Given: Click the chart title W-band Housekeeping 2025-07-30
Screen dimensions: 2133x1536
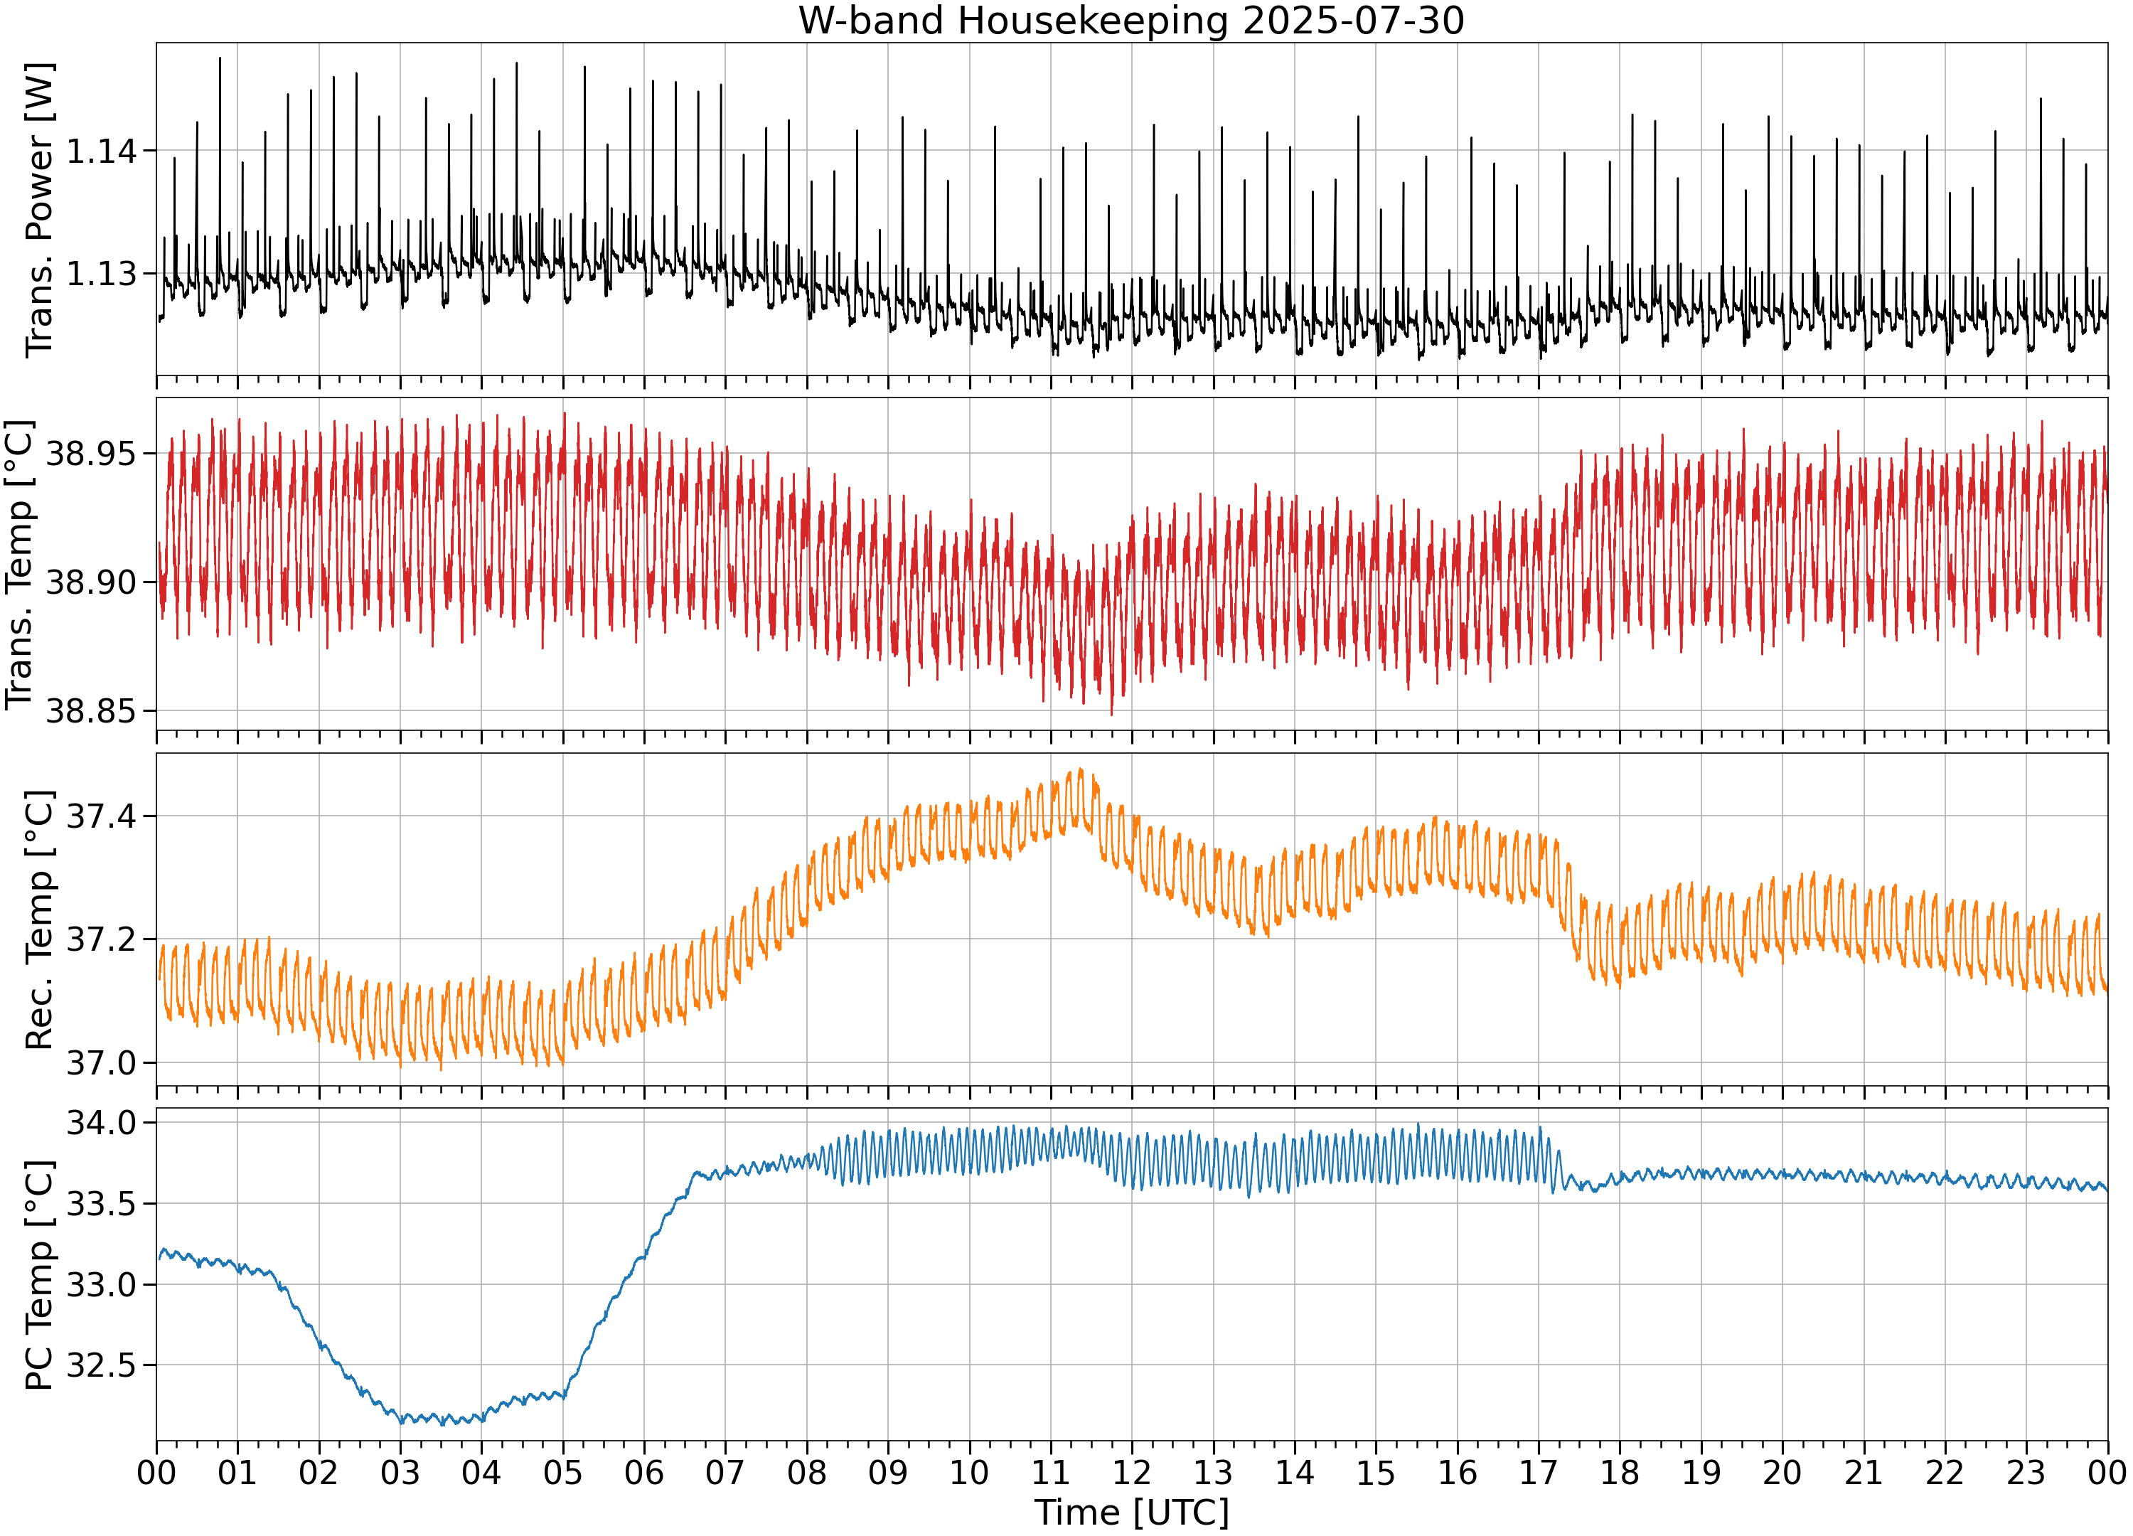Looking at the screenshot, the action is (1131, 21).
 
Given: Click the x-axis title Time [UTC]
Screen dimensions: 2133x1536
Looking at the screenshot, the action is (1131, 1513).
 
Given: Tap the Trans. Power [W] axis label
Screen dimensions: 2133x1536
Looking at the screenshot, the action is (40, 210).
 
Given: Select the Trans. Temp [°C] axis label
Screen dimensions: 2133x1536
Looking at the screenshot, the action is (20, 565).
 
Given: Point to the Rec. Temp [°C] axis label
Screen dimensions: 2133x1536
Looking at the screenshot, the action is (40, 920).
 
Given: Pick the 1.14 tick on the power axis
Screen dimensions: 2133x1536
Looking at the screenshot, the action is (101, 151).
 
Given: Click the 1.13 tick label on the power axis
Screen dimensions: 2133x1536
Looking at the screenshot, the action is (101, 274).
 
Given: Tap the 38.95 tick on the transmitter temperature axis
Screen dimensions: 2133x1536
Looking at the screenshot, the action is (91, 454).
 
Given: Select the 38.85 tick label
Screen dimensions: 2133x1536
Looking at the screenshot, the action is (91, 711).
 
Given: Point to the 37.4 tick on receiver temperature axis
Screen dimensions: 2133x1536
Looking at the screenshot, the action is (101, 816).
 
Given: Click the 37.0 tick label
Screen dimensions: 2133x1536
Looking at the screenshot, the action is (101, 1064).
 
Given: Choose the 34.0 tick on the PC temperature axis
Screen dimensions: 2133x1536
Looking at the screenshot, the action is (101, 1123).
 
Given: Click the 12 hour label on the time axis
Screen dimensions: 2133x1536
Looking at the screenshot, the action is (1131, 1472).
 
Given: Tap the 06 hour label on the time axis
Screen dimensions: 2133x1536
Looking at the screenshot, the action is (644, 1472).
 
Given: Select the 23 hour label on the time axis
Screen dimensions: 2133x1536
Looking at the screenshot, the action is (2026, 1472).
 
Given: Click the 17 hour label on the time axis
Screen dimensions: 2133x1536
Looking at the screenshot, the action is (1539, 1472).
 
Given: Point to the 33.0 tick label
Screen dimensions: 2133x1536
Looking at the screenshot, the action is (101, 1285).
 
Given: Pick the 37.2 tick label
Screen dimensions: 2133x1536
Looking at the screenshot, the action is (101, 939).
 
